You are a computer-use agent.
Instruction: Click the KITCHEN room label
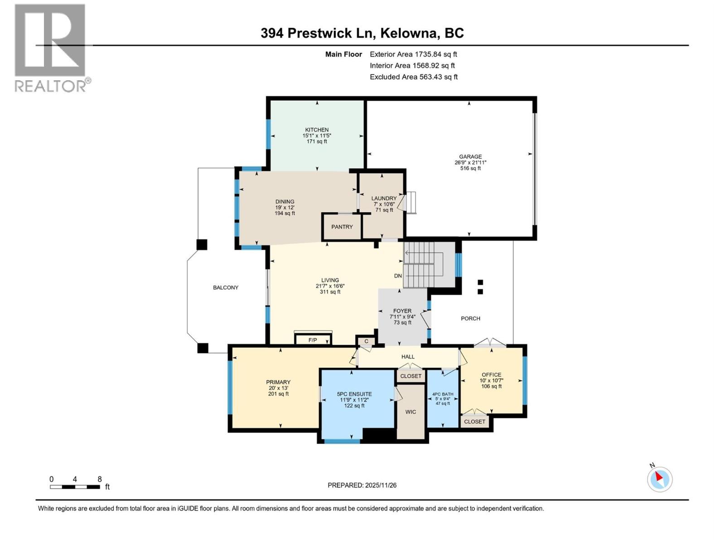[317, 130]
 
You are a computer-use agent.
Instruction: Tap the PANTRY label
[342, 227]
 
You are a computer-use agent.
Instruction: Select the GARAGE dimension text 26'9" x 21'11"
[470, 162]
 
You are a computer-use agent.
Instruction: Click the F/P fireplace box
[313, 340]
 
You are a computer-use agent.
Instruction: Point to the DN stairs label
[397, 276]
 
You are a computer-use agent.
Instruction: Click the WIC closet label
[411, 412]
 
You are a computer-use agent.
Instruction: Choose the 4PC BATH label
[442, 394]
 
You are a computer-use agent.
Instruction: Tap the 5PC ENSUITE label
[354, 394]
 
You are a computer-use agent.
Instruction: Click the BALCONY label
[226, 287]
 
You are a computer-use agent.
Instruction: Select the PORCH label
[470, 318]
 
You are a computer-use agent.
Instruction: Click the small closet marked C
[366, 341]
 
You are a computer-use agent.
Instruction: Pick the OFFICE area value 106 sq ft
[491, 386]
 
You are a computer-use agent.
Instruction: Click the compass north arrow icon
[659, 479]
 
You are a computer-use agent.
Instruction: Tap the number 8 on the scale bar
[100, 479]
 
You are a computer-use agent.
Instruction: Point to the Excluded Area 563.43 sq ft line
[413, 77]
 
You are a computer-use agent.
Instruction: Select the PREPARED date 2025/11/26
[380, 485]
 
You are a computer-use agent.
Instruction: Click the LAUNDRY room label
[384, 198]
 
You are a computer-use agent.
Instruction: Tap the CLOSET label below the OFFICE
[474, 422]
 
